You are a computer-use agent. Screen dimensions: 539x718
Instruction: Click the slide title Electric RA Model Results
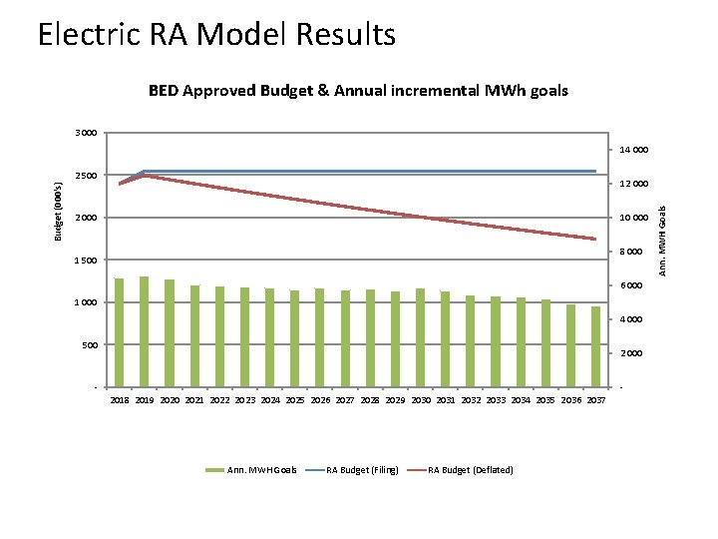[x=216, y=35]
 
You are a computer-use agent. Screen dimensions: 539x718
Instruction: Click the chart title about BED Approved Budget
[x=358, y=90]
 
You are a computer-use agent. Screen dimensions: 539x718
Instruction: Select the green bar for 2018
[x=120, y=332]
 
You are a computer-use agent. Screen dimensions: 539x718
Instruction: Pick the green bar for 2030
[x=421, y=337]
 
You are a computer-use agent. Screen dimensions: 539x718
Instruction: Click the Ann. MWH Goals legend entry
[x=250, y=469]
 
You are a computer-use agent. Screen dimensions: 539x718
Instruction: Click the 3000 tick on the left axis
[x=85, y=133]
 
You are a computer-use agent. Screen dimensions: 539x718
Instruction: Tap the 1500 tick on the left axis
[x=85, y=261]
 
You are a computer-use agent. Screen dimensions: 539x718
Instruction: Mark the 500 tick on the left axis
[x=88, y=345]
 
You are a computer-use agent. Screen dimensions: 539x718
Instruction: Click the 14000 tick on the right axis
[x=633, y=150]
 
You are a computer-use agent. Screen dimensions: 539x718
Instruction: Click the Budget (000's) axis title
[x=58, y=210]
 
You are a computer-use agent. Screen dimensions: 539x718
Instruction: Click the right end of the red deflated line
[x=595, y=239]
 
